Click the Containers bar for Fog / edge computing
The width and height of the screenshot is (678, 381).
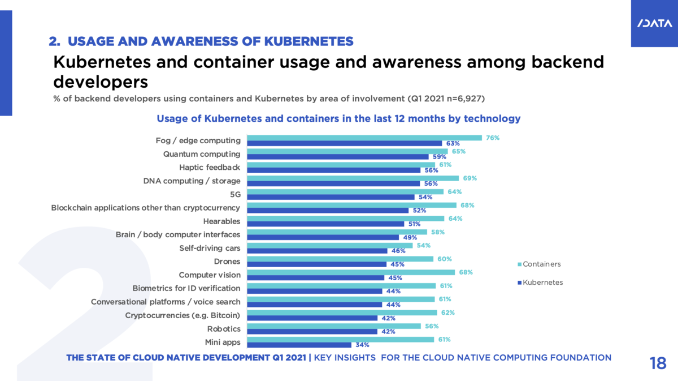point(364,138)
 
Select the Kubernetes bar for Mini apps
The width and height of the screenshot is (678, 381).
point(299,345)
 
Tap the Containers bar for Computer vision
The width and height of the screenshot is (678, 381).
point(351,272)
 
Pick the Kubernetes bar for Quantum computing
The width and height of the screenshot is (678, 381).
point(338,157)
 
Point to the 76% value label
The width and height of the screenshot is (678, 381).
point(493,138)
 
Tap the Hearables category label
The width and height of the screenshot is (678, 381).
point(221,221)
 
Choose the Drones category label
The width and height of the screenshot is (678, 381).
point(227,262)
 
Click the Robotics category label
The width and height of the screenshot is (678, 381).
point(224,329)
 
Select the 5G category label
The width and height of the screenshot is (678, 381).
point(234,194)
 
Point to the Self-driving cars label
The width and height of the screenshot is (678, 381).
point(210,248)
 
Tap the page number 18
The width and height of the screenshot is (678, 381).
point(658,363)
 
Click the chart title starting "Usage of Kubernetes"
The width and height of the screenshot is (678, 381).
point(338,119)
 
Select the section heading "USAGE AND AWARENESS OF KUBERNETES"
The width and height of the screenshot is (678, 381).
point(201,41)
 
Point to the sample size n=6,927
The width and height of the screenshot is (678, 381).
point(464,99)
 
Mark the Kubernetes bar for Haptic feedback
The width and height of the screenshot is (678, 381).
point(334,170)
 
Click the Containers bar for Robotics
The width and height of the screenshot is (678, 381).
point(334,326)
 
